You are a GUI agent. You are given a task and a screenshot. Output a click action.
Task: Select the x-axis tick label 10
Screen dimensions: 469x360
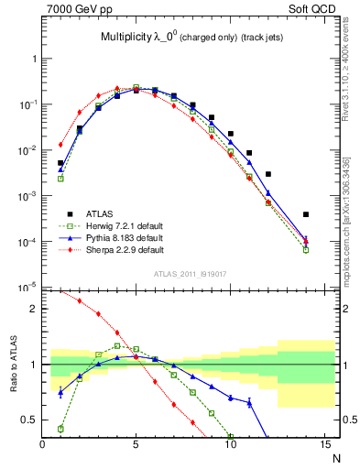click(230, 444)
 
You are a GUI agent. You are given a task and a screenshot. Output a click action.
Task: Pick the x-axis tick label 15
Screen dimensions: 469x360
click(324, 444)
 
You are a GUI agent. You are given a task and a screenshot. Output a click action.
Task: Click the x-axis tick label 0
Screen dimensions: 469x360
click(42, 444)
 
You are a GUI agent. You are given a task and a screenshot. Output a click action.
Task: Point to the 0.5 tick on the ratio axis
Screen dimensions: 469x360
click(30, 420)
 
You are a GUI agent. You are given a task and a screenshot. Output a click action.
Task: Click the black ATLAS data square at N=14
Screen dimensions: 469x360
click(305, 214)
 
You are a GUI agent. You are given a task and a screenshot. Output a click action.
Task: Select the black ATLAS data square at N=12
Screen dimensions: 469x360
click(267, 174)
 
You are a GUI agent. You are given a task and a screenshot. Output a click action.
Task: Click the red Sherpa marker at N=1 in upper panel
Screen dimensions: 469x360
click(60, 145)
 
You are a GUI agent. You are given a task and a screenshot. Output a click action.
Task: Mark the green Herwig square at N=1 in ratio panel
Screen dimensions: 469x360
click(60, 429)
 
